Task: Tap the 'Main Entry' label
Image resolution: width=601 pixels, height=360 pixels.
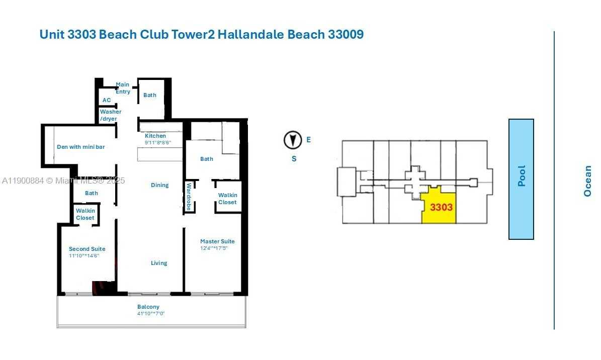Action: pyautogui.click(x=123, y=88)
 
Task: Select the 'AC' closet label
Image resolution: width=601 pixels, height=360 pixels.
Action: pyautogui.click(x=107, y=100)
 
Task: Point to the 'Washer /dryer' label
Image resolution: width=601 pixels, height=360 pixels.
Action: pyautogui.click(x=110, y=115)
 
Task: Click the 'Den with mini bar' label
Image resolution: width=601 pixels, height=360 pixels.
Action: pyautogui.click(x=80, y=147)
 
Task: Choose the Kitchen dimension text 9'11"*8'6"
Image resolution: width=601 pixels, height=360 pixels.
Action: pyautogui.click(x=157, y=143)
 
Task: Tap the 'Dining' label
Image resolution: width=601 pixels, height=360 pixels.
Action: pyautogui.click(x=159, y=185)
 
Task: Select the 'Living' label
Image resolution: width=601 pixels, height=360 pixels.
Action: pyautogui.click(x=159, y=263)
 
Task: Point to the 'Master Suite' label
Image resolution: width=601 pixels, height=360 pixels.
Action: pyautogui.click(x=217, y=241)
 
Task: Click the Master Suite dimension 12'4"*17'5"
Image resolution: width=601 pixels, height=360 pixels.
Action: pyautogui.click(x=214, y=248)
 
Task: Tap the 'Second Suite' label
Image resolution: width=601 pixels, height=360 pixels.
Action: pyautogui.click(x=87, y=249)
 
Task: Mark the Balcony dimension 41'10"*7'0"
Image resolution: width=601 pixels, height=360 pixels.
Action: pyautogui.click(x=151, y=314)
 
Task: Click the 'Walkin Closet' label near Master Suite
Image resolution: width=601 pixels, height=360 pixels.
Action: pyautogui.click(x=227, y=199)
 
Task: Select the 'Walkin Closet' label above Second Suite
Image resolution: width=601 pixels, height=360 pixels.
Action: pyautogui.click(x=85, y=214)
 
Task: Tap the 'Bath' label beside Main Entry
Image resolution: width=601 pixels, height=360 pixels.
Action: pyautogui.click(x=150, y=95)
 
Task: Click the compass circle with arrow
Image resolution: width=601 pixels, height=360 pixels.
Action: pyautogui.click(x=293, y=140)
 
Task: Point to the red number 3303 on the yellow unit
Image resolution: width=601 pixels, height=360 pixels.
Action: pyautogui.click(x=441, y=207)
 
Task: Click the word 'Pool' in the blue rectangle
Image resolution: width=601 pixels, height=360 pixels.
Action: pyautogui.click(x=522, y=176)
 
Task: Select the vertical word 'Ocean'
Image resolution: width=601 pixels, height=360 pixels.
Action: pyautogui.click(x=587, y=181)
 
